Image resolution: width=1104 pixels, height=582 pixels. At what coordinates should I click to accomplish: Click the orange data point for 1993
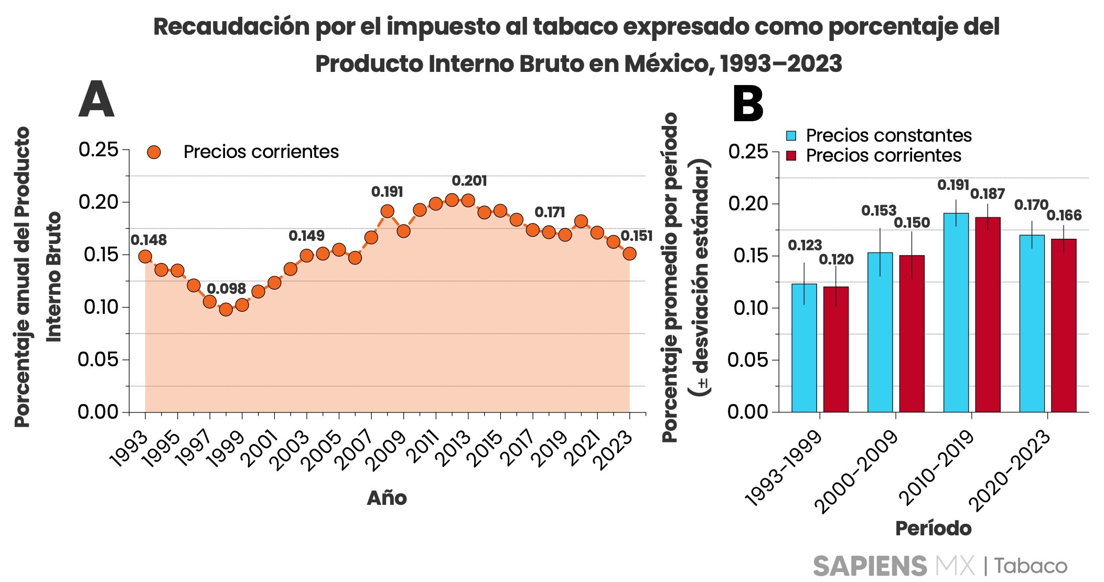point(145,257)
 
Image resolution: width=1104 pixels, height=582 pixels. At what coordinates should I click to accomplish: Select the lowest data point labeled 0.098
point(226,309)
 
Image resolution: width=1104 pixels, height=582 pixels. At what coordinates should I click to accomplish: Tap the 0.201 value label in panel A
point(469,181)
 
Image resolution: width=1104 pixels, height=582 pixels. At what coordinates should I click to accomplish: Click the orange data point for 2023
point(629,253)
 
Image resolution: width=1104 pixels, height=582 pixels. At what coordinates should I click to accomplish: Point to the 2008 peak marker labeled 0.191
point(387,211)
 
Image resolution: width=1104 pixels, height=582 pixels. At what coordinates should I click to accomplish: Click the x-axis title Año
point(387,498)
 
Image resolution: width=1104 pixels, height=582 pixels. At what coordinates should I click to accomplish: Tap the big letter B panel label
point(747,104)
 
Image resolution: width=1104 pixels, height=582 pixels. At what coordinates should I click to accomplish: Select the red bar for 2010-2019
point(988,314)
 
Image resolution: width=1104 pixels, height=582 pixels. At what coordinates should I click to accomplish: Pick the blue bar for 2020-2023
point(1032,323)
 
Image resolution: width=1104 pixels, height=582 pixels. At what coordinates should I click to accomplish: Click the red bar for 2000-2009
point(912,333)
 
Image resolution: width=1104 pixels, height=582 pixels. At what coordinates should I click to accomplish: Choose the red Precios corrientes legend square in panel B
point(791,156)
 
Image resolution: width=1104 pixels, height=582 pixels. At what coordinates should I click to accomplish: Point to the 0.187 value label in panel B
point(987,194)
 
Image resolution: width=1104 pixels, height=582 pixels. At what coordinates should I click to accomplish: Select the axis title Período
point(933,528)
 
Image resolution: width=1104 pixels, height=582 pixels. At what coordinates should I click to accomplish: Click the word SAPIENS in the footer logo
point(870,566)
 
